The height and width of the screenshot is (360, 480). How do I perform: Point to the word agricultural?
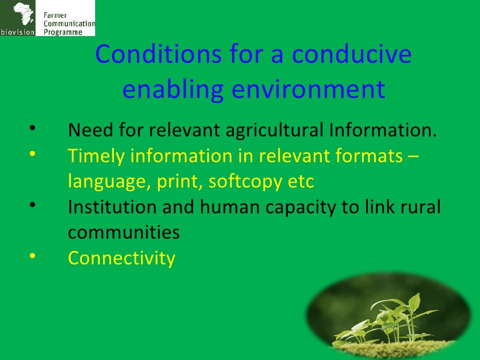point(274,131)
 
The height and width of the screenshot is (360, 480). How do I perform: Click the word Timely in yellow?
point(96,156)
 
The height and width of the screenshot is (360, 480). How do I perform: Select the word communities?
point(124,232)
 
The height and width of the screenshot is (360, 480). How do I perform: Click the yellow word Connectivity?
point(121,258)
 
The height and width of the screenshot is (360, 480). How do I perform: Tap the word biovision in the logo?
point(18,32)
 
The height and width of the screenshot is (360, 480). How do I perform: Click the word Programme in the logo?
point(63,32)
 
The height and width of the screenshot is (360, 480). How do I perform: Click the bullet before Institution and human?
point(32,205)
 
